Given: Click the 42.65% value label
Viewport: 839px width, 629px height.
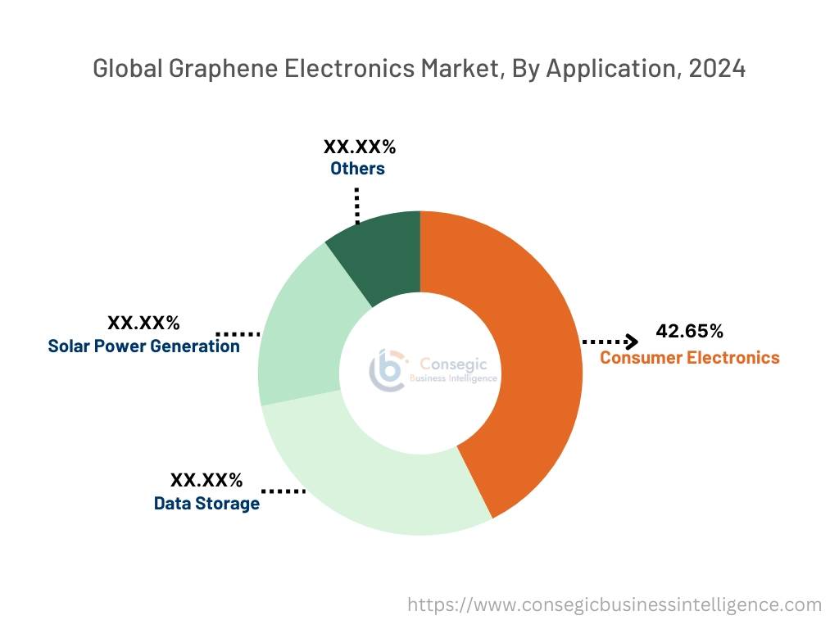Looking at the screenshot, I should [x=689, y=332].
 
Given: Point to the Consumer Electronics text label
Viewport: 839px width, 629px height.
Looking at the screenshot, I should [x=689, y=357].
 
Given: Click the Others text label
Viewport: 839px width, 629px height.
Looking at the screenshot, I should [x=357, y=169].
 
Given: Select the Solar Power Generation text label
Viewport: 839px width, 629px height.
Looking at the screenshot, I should [x=143, y=346].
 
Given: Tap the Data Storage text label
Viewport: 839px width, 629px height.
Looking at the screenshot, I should [x=206, y=503].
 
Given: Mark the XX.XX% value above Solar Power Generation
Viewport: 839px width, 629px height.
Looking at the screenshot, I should [x=143, y=323].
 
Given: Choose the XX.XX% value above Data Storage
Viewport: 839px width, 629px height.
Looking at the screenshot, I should [x=206, y=480].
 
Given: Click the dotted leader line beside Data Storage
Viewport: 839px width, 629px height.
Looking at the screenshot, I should [x=283, y=491].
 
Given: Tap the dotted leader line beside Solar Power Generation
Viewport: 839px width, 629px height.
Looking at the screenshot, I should [x=238, y=334].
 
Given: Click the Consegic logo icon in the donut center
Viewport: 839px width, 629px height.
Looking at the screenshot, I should [x=388, y=370].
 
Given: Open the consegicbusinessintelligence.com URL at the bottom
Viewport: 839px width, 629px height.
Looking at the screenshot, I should [x=615, y=605].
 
